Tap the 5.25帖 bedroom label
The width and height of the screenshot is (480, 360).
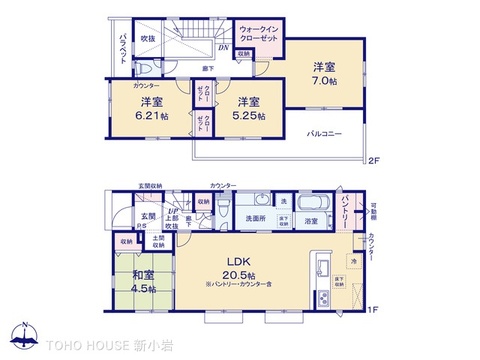tap(249, 109)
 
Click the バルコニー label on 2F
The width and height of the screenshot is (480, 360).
tap(327, 132)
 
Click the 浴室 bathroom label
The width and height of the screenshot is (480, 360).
tap(311, 221)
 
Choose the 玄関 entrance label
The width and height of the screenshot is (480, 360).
tap(147, 216)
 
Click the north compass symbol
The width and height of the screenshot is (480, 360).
tap(22, 334)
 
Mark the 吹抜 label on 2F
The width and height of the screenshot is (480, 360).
tap(148, 39)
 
